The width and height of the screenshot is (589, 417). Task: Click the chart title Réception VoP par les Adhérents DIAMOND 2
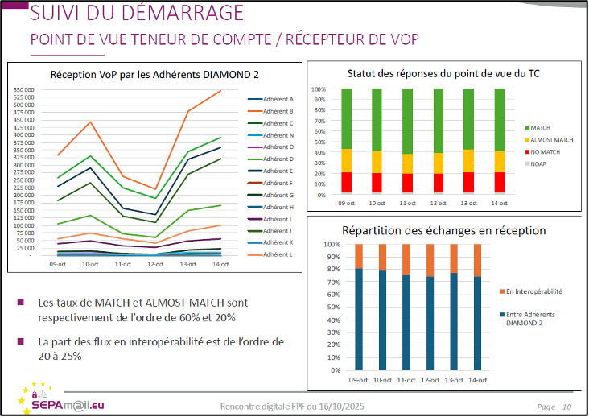click(x=154, y=74)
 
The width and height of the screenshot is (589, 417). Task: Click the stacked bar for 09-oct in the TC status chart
click(x=347, y=141)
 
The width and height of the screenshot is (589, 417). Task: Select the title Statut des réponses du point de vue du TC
click(x=443, y=73)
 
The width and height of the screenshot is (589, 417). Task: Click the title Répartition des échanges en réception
click(x=444, y=230)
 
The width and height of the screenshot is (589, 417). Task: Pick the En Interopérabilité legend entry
click(x=533, y=291)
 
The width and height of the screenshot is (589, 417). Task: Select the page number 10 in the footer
click(x=567, y=407)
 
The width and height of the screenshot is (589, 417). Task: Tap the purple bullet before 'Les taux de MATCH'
click(x=21, y=303)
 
